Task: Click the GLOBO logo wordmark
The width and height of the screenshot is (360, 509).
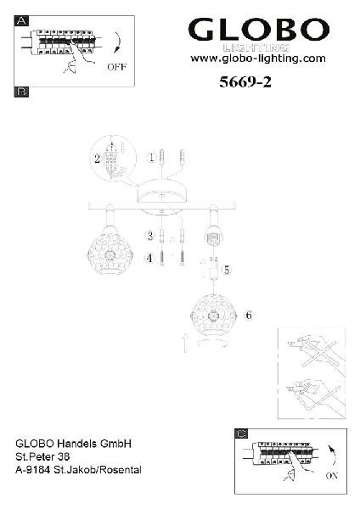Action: click(x=259, y=29)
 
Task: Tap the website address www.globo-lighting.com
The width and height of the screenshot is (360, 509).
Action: click(x=258, y=59)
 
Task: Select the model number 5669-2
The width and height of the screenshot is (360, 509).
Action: click(x=245, y=81)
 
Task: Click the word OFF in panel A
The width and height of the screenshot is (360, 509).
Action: click(x=116, y=67)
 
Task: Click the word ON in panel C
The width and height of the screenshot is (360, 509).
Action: click(x=332, y=476)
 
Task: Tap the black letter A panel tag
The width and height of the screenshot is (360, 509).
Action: click(x=21, y=21)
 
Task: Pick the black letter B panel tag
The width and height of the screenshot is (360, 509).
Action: click(x=21, y=92)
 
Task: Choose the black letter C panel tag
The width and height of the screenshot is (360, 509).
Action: click(x=241, y=433)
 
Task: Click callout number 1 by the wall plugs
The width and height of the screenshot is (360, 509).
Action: click(x=151, y=158)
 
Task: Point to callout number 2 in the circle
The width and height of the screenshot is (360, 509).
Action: click(x=97, y=159)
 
